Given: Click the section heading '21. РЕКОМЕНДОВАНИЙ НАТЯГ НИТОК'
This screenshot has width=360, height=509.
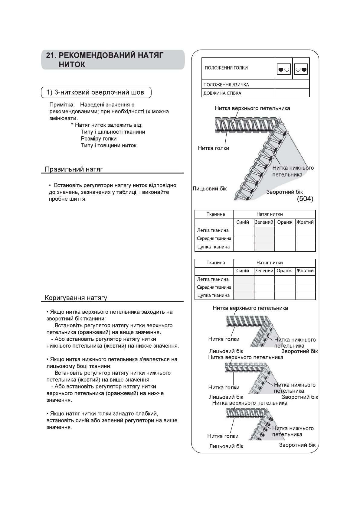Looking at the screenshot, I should coord(105,60).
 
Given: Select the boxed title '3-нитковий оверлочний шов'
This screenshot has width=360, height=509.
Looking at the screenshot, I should coord(96,92).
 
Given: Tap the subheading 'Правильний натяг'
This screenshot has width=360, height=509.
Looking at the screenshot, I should coord(74,169).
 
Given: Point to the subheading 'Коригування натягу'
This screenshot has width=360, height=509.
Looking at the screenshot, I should coord(76,298).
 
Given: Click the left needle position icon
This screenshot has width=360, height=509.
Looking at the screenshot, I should coord(284,69).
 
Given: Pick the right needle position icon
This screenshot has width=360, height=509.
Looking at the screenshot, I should coord(301,69).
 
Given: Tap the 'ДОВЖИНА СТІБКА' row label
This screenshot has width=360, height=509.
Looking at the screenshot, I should coord(222,93).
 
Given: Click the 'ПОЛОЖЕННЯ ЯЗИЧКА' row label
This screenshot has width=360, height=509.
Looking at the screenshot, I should coord(226,85).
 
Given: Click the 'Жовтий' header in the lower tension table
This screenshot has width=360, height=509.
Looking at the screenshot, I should coord(305,271).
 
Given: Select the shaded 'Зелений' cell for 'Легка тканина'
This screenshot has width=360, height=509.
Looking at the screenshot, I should coord(264,231).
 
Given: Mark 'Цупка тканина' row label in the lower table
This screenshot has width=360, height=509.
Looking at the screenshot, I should coord(213,295).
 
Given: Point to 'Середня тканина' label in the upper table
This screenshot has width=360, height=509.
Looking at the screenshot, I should coord(214,238).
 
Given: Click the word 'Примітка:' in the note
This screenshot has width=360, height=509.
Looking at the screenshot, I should coord(62,105).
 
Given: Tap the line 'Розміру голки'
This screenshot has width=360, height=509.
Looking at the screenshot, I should coord(99,138).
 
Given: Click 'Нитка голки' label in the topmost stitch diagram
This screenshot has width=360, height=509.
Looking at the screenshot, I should coord(213,148).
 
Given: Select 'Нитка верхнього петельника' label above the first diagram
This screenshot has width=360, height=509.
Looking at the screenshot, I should coord(252,108).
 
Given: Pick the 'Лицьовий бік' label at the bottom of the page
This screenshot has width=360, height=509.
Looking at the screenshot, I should coord(226,446).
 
